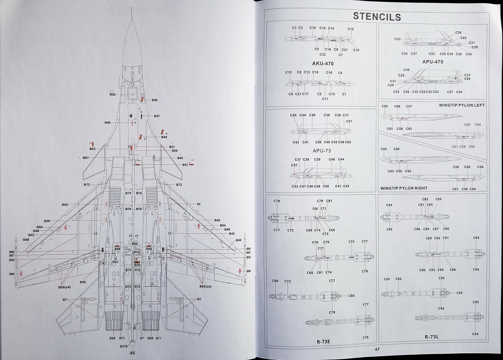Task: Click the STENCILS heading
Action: coord(377,17)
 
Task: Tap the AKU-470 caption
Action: coord(323,64)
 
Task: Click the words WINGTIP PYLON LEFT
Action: coord(462,105)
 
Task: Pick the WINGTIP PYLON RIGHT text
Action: coord(404,188)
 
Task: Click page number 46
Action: coord(132,353)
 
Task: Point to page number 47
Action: coord(376,349)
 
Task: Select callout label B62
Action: coord(113,94)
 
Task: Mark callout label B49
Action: coord(155,100)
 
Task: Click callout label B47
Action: coord(157,116)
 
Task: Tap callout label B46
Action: coord(107,123)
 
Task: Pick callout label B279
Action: coord(124,346)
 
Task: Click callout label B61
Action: coord(86,158)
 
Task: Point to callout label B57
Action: coord(185,165)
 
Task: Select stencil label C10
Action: coord(356,50)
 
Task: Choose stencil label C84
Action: coord(398,279)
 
